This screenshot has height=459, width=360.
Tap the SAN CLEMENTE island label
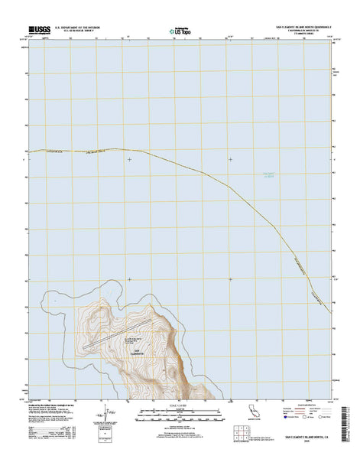coord(138,352)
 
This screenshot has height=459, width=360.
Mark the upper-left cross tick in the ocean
coord(130,159)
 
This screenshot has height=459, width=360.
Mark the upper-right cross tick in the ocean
coord(230,159)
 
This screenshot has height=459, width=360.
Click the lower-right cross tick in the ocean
coord(230,279)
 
